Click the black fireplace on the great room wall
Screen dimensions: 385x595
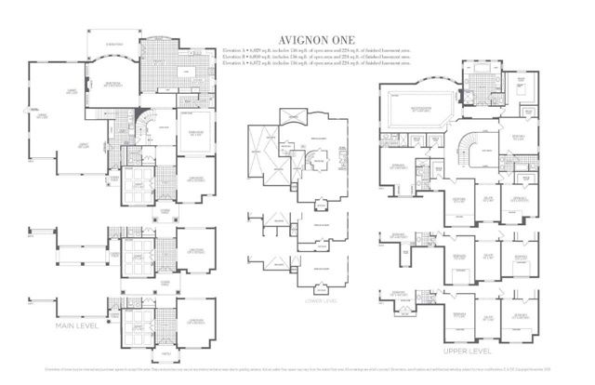(x=87, y=85)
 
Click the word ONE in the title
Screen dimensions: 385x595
(x=337, y=41)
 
